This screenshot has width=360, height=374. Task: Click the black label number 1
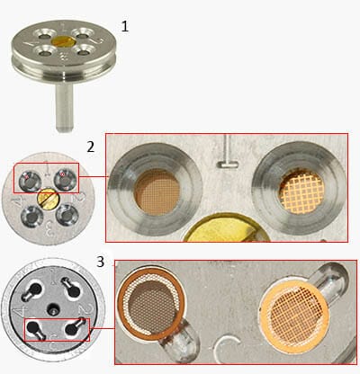point(125,26)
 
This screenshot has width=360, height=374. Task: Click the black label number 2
point(91,147)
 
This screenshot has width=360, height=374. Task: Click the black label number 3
point(100,262)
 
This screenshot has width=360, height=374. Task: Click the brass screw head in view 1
point(63,41)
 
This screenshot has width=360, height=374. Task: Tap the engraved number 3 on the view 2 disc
point(49,228)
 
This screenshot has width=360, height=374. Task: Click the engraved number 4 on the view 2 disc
point(14,203)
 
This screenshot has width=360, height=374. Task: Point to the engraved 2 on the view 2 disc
point(82,196)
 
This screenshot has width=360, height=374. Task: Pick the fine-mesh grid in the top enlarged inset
point(157,192)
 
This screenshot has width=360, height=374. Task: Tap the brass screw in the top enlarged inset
point(227,228)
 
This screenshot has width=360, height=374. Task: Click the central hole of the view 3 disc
point(53,308)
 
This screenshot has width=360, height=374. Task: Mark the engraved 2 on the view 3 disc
point(83,309)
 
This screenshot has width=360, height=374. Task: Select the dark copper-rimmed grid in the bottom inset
point(150,303)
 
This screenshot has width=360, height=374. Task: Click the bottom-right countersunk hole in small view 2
point(67,215)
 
